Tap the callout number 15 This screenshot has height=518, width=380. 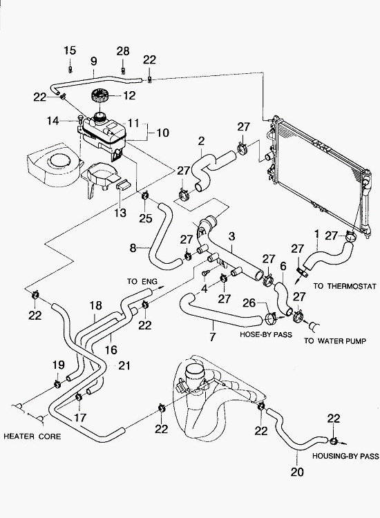[x=70, y=50]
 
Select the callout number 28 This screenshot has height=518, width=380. [x=122, y=51]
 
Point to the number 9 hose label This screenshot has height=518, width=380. [x=93, y=61]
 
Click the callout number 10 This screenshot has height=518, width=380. [x=162, y=133]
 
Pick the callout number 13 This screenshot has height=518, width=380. [x=120, y=213]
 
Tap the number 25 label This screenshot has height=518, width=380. [x=145, y=218]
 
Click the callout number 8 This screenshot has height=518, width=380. [x=133, y=248]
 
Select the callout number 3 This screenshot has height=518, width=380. [x=231, y=236]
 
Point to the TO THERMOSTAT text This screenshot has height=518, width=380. [x=345, y=286]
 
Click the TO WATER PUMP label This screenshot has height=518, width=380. [x=335, y=340]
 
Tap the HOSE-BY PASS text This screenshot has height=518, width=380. [x=266, y=334]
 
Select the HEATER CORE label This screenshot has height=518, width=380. [x=32, y=437]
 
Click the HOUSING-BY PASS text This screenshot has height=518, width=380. [x=345, y=457]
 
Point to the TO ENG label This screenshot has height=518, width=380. [x=142, y=282]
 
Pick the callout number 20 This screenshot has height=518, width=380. [x=297, y=472]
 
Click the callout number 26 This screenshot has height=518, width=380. [x=249, y=303]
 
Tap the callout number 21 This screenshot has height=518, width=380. [x=124, y=365]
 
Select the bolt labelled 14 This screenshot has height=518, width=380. [x=79, y=117]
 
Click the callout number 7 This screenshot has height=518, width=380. [x=213, y=336]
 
